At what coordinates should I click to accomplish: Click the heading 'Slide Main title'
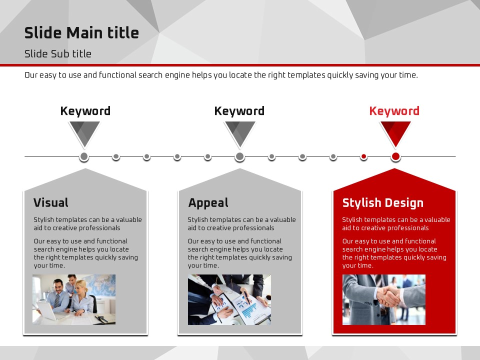(x=81, y=33)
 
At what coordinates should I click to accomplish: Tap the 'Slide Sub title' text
(x=58, y=54)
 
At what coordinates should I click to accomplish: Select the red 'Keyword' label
(x=394, y=111)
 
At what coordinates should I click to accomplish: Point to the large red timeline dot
(x=395, y=156)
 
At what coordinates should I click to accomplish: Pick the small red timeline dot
(x=363, y=156)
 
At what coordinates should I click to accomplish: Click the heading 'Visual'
(x=51, y=202)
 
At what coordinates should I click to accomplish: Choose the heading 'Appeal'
(x=208, y=203)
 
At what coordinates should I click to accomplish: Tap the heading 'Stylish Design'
(x=382, y=203)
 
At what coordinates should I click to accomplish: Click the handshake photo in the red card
(x=384, y=299)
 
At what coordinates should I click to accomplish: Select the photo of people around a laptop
(x=74, y=299)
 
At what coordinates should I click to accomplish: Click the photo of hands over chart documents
(x=229, y=299)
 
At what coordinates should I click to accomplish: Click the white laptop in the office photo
(x=48, y=310)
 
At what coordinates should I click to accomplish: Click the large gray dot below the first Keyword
(x=84, y=156)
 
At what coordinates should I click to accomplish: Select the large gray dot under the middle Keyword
(x=239, y=156)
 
